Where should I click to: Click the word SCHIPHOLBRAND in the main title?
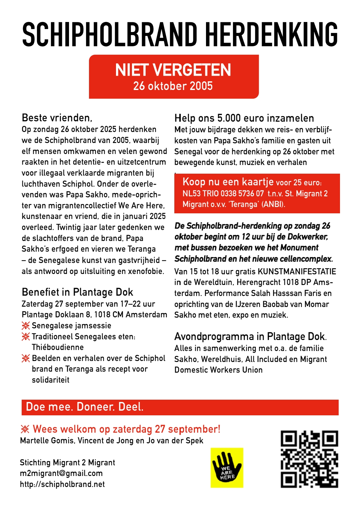(110, 35)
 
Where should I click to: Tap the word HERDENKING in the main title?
(271, 35)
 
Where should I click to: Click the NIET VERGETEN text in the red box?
(173, 70)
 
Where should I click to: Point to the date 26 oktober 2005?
(173, 86)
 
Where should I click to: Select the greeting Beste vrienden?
(57, 118)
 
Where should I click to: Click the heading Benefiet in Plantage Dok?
(77, 292)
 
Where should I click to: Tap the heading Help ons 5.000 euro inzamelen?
(244, 118)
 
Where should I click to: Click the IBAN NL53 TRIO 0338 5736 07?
(223, 194)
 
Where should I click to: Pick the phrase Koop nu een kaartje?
(228, 182)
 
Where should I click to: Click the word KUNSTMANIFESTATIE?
(297, 272)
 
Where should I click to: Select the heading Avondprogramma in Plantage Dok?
(250, 337)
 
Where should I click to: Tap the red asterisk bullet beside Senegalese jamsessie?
(26, 326)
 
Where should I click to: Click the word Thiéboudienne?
(58, 347)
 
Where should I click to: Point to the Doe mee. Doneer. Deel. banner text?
(85, 407)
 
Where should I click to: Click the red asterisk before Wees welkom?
(25, 429)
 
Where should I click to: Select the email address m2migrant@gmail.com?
(61, 473)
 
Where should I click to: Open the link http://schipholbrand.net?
(62, 484)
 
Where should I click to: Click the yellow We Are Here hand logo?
(227, 468)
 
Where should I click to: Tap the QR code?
(309, 459)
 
